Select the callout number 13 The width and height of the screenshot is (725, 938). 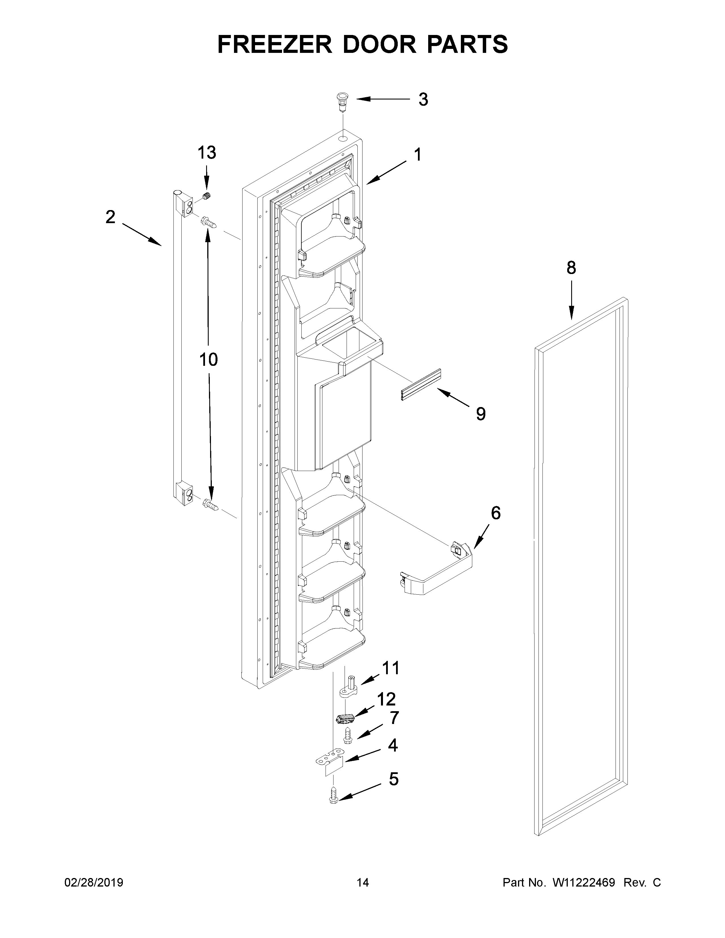pos(207,152)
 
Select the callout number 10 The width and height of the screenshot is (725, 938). pos(208,360)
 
